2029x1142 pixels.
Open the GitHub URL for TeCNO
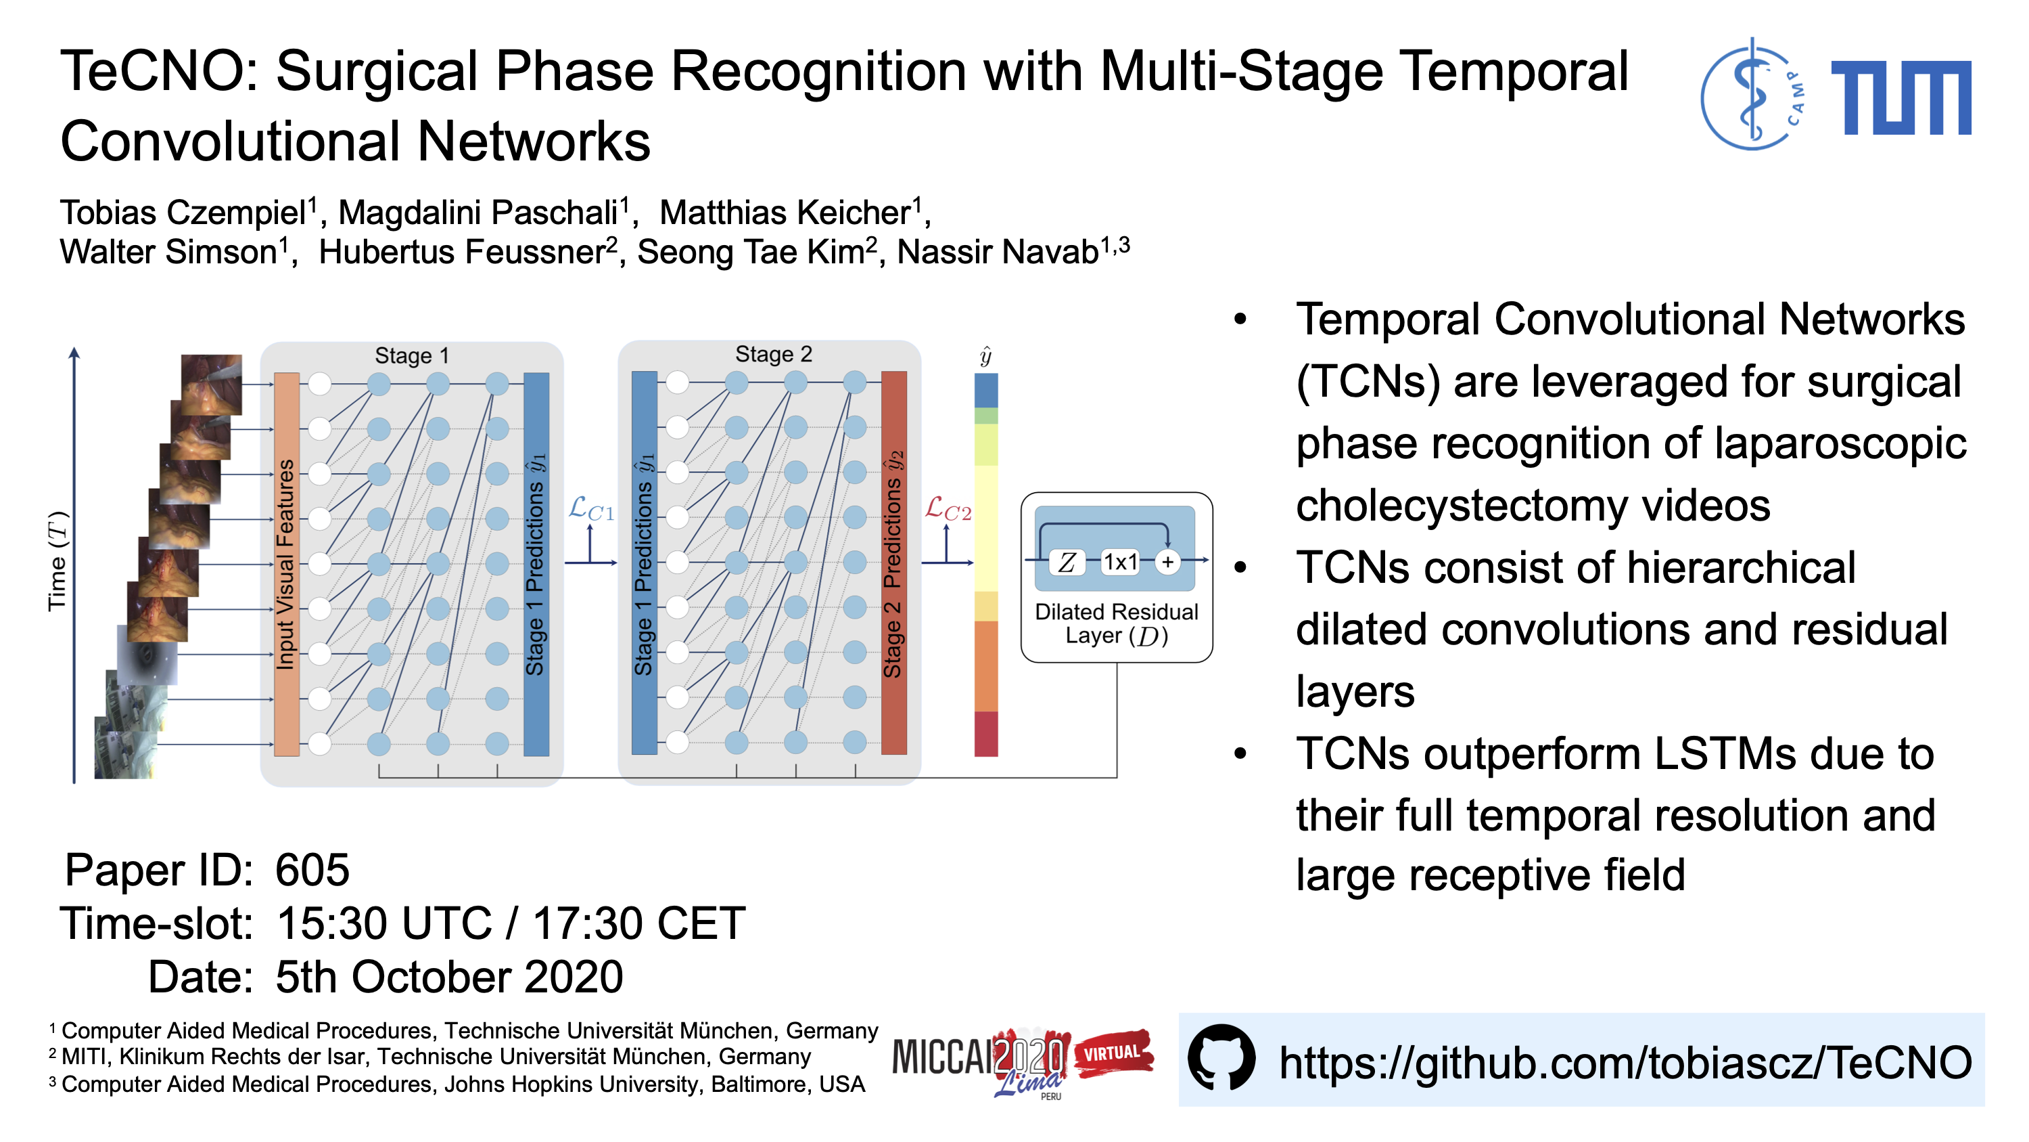(1624, 1061)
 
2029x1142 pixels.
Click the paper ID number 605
(312, 870)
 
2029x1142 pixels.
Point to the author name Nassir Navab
(998, 252)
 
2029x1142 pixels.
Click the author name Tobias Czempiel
(183, 213)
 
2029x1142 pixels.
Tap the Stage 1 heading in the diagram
(411, 355)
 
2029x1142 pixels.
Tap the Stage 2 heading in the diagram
(772, 354)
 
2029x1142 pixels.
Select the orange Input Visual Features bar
(286, 563)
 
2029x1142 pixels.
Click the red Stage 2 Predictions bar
(893, 563)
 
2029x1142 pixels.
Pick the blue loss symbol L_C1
(590, 509)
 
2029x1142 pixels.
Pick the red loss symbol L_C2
(948, 509)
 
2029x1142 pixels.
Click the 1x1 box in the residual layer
(1119, 562)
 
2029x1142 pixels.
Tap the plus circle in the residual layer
(1167, 562)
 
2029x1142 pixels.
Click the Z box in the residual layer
(1067, 562)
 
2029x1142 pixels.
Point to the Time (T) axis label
(57, 561)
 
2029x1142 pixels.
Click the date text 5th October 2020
(449, 977)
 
